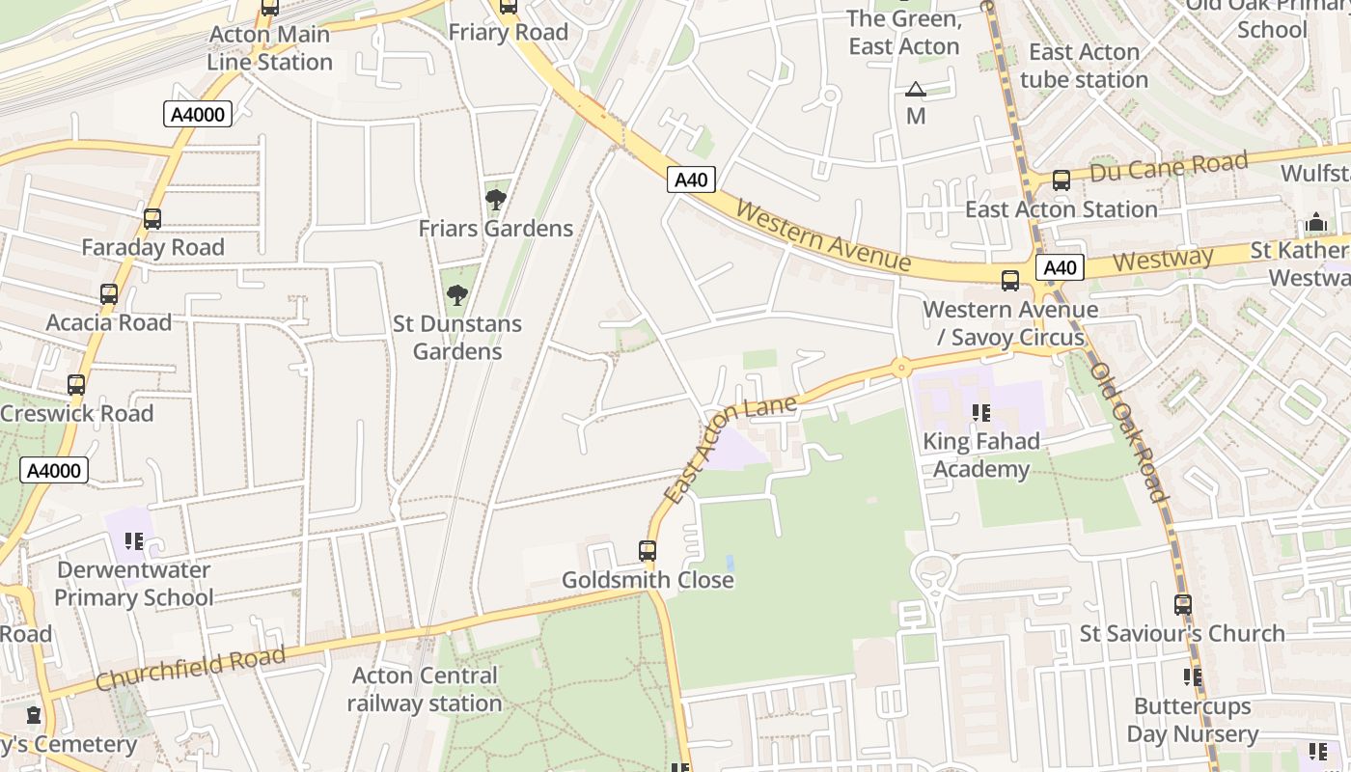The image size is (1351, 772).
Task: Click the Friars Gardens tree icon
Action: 496,200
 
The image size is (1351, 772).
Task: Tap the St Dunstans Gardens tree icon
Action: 457,294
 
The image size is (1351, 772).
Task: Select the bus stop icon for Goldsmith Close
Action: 648,551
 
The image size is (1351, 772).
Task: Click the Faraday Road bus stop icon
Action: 152,219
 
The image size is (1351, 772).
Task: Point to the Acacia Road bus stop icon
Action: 109,294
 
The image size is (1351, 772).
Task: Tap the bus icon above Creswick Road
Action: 76,385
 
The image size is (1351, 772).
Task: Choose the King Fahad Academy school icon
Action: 981,414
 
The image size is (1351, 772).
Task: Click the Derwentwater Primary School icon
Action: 134,541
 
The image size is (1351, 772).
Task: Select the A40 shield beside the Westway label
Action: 1060,267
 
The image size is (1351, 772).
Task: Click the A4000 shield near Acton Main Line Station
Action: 197,115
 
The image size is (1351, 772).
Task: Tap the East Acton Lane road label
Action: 731,449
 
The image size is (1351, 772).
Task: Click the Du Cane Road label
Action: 1168,167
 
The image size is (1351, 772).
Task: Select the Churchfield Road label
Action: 191,669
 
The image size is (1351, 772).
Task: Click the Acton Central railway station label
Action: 425,689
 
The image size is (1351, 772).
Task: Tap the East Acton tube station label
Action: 1084,66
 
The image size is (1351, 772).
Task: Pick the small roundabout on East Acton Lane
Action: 901,367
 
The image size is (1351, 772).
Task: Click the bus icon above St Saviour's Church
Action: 1183,605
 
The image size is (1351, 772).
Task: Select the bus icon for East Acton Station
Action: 1061,180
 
